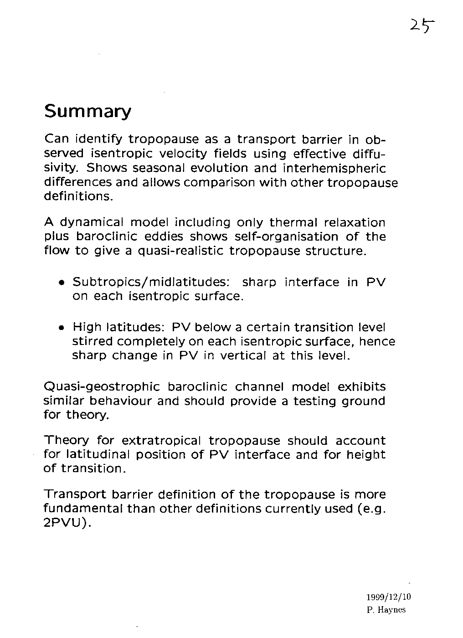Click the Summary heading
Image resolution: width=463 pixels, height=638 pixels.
pos(87,111)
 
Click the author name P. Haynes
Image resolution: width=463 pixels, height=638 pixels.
pos(386,610)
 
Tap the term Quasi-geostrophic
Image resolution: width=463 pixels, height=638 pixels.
pos(101,387)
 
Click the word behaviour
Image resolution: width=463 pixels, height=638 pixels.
pos(120,401)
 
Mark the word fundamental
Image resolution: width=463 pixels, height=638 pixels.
pos(83,509)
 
